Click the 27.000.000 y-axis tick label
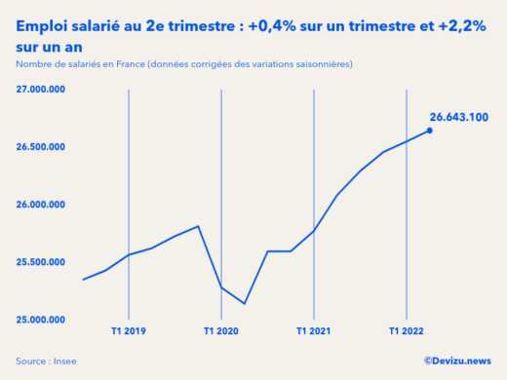[x=41, y=90]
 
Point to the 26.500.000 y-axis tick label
[x=41, y=147]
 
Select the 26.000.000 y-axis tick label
[x=41, y=205]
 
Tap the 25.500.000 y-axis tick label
[x=41, y=262]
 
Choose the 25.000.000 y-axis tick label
[x=41, y=320]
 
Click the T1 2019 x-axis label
[x=129, y=331]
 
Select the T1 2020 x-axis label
[x=221, y=331]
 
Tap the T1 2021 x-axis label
[x=313, y=331]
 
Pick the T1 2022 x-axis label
[x=406, y=331]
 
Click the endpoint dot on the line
[x=429, y=131]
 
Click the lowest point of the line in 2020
[x=244, y=303]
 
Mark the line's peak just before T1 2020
[x=198, y=226]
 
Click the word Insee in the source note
[x=65, y=361]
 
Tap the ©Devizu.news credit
[x=457, y=361]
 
